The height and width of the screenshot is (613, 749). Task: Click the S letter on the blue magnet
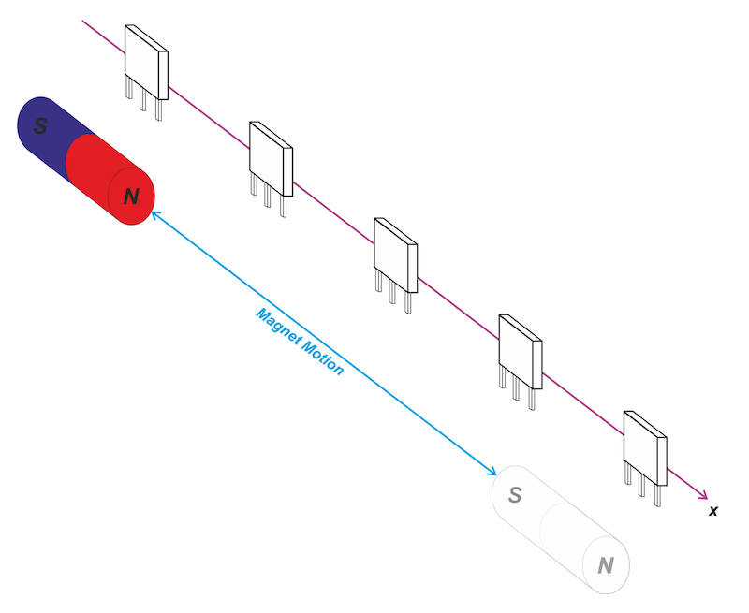40,126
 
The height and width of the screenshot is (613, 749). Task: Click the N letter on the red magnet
131,197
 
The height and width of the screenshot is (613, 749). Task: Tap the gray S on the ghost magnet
514,494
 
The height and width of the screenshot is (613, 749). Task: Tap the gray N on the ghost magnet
606,564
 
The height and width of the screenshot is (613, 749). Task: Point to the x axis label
713,511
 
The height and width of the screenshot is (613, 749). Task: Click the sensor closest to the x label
644,446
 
